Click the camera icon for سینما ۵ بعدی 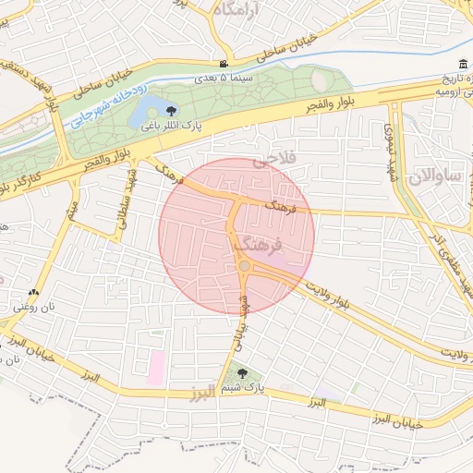224,64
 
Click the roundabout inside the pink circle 244,266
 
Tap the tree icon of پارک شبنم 241,373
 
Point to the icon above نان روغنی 33,292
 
